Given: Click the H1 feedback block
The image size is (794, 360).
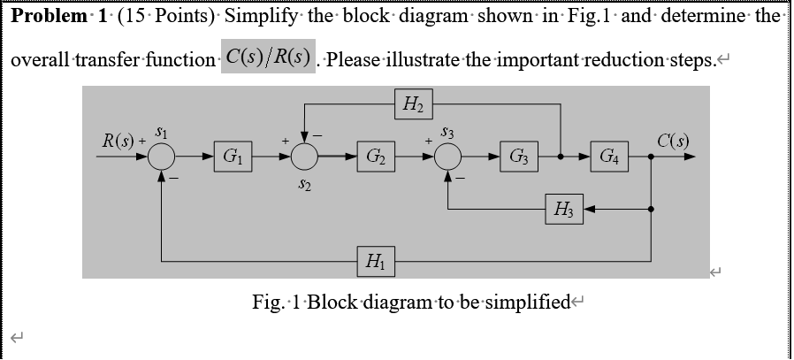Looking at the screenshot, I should (375, 261).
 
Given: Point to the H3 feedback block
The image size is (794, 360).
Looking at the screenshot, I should (563, 210).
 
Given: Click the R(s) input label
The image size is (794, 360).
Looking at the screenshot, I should (118, 141).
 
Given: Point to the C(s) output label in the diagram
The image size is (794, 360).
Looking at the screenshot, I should (674, 141).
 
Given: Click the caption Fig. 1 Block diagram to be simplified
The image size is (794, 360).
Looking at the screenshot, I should (411, 303).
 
